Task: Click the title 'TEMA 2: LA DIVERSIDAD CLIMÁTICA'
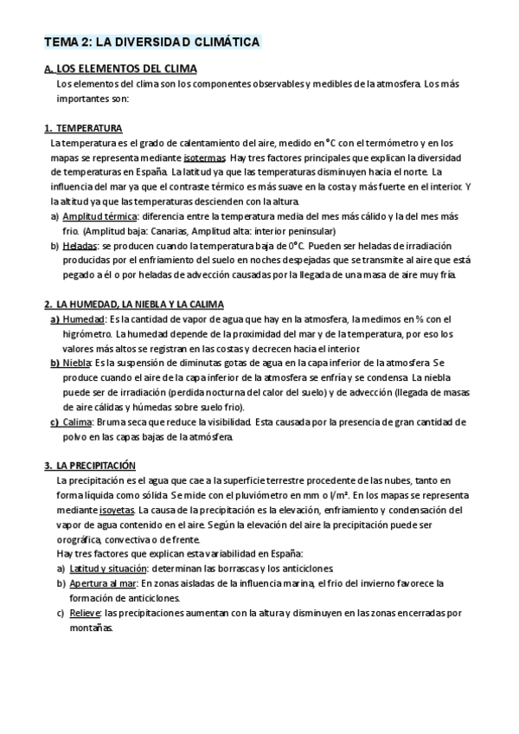[x=151, y=42]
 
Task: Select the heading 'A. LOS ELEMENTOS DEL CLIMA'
[x=120, y=68]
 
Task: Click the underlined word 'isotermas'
[x=206, y=158]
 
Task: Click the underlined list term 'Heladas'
[x=80, y=246]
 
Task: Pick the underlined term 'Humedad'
[x=83, y=319]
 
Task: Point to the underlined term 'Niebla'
[x=78, y=364]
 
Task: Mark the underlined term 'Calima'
[x=80, y=422]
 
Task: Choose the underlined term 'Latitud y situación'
[x=105, y=569]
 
